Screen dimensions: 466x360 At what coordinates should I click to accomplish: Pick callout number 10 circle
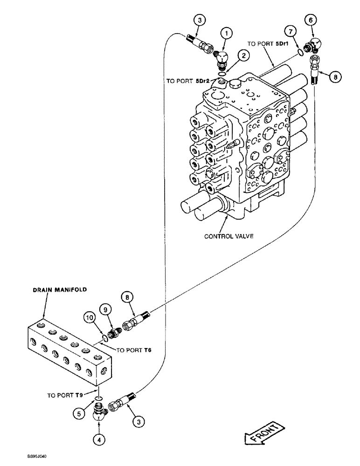point(92,318)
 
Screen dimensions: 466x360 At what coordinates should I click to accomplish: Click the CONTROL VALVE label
point(228,236)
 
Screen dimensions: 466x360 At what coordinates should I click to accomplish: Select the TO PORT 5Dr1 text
point(266,43)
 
